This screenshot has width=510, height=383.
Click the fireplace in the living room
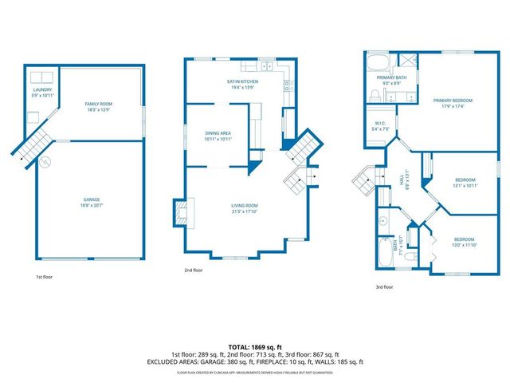point(178,214)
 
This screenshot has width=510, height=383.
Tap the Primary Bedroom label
point(453,103)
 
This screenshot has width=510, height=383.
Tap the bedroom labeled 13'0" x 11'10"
point(464,242)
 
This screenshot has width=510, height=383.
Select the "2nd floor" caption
point(194,270)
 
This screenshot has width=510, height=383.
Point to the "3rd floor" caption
point(385,286)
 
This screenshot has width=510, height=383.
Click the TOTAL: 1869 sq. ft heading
point(254,348)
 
